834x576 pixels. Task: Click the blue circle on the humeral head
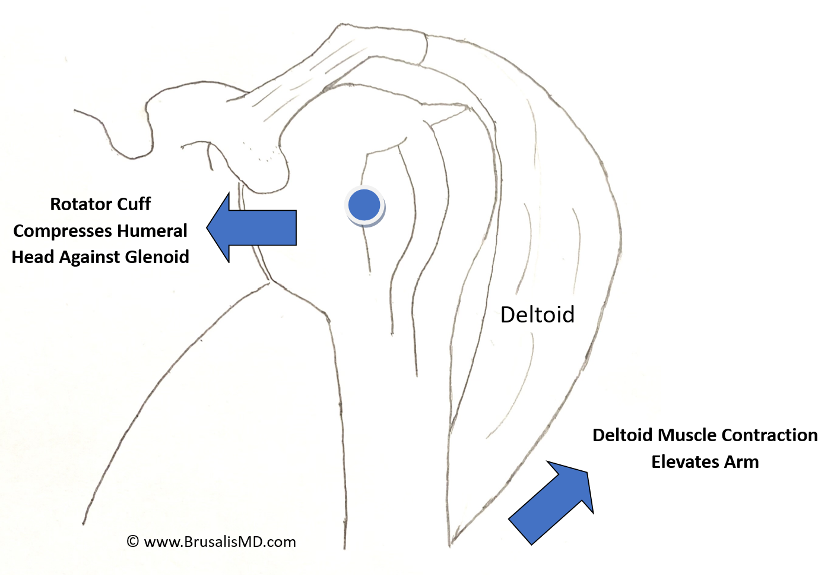click(x=364, y=205)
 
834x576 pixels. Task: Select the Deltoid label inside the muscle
click(x=537, y=315)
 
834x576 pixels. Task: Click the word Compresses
click(x=62, y=231)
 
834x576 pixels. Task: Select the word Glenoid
click(x=156, y=257)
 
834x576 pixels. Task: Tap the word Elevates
click(x=683, y=462)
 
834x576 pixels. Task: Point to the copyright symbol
click(x=133, y=542)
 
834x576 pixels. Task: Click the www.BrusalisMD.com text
click(x=220, y=542)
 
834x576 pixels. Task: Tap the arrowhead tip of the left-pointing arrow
click(x=208, y=227)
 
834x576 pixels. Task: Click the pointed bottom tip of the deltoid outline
click(x=451, y=543)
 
